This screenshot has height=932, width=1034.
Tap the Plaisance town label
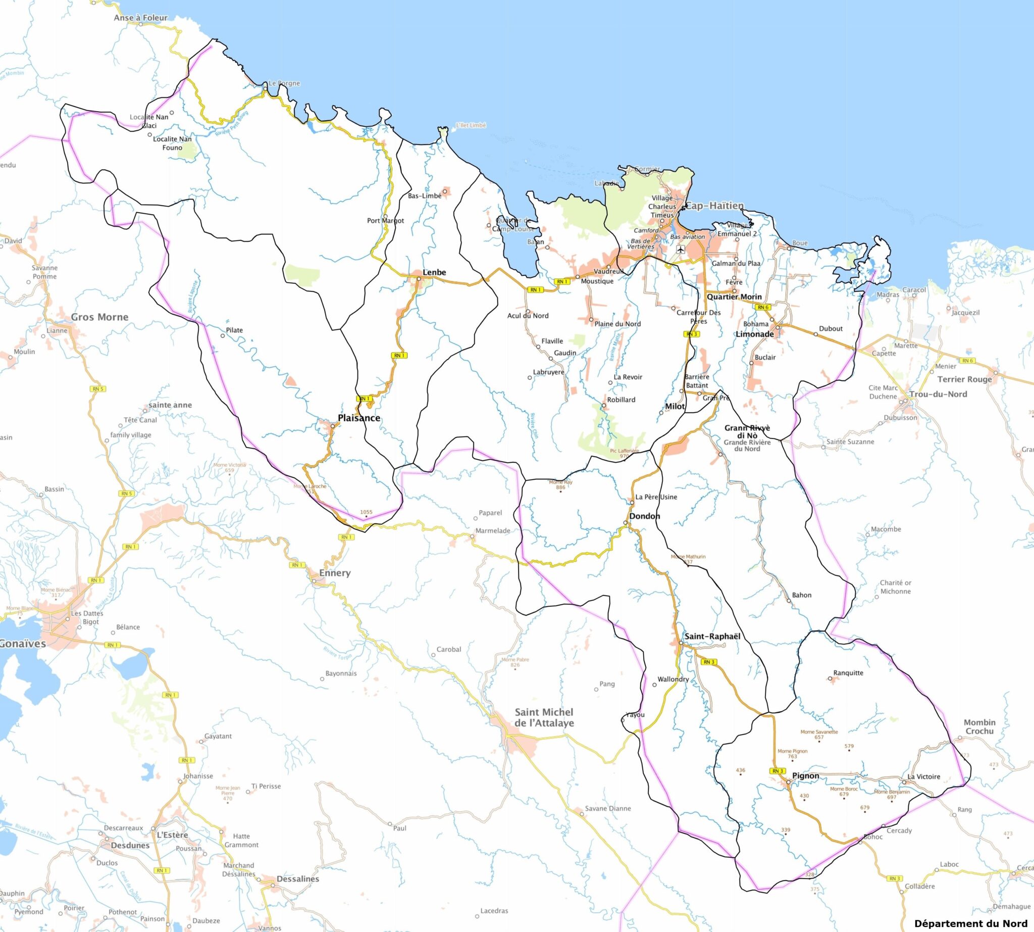click(359, 418)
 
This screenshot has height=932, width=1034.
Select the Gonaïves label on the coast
click(22, 644)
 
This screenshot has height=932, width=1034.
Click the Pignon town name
click(805, 775)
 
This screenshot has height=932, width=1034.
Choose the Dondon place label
click(644, 516)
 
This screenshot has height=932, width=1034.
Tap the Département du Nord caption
click(970, 923)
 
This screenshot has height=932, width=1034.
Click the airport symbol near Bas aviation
click(680, 250)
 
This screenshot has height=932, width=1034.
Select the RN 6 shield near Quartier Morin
click(763, 307)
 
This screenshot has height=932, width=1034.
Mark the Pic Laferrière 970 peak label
click(624, 453)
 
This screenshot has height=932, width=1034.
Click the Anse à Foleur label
click(140, 17)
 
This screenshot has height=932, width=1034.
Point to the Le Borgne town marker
click(265, 89)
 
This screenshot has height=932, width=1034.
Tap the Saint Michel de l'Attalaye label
click(544, 717)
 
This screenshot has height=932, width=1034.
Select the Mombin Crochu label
click(979, 726)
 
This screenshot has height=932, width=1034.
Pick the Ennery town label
click(335, 572)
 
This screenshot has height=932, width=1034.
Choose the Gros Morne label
click(99, 317)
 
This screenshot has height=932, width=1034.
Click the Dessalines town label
click(297, 879)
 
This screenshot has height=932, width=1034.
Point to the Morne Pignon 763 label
click(792, 753)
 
